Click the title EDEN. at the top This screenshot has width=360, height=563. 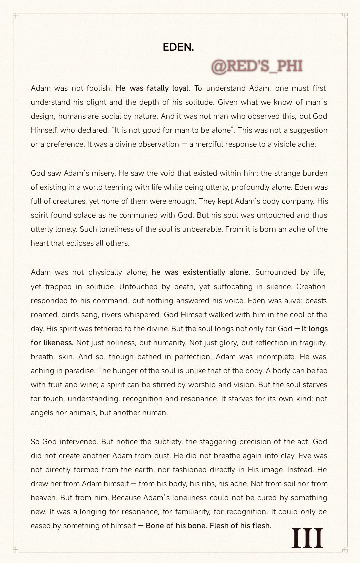point(178,47)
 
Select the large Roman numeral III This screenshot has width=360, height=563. point(307,539)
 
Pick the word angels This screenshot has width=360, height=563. point(43,413)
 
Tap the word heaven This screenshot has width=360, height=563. point(44,498)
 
